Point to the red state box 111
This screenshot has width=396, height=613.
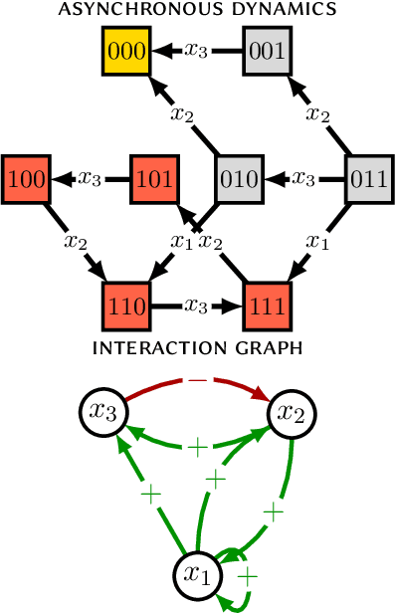pos(269,307)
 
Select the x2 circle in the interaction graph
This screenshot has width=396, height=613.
pos(292,412)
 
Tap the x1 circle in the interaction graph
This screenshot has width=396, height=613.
pos(198,574)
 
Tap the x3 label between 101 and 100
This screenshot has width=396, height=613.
pos(91,179)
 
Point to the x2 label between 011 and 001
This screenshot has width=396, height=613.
pos(318,114)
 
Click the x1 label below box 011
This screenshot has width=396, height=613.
pos(317,242)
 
